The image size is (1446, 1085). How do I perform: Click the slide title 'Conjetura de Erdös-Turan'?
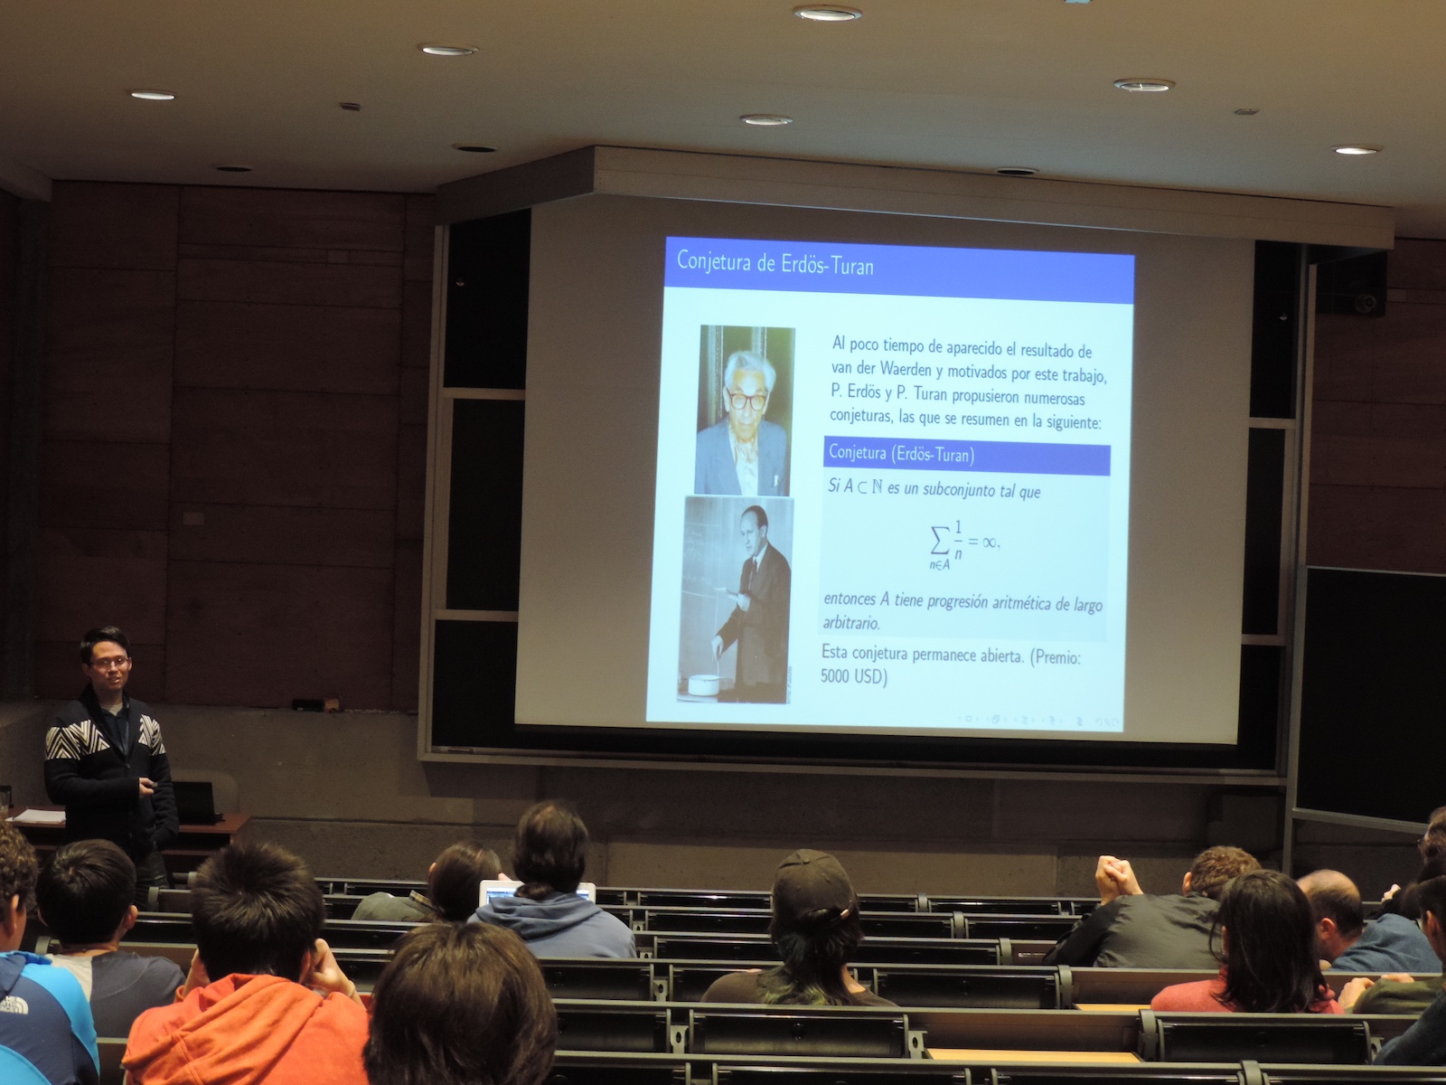[775, 263]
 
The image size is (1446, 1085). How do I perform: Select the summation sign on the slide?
[940, 542]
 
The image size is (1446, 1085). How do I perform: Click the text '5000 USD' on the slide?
[853, 676]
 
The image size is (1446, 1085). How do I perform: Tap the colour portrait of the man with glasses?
[745, 410]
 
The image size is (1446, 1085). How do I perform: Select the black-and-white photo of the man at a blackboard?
[735, 599]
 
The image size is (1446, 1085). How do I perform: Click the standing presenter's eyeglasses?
[110, 663]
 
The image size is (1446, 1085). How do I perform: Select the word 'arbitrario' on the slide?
[851, 623]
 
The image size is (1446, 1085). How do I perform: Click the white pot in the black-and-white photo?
[703, 684]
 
